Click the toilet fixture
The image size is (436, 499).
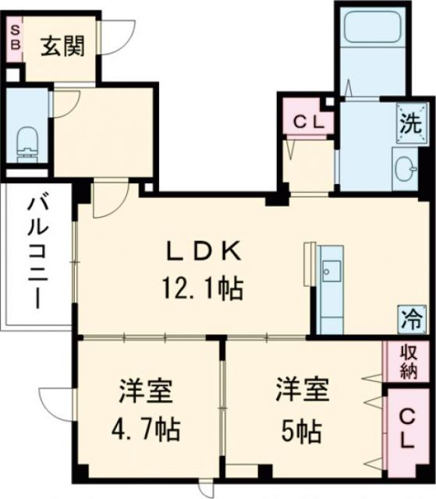click(x=25, y=141)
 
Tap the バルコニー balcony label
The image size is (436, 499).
click(x=35, y=253)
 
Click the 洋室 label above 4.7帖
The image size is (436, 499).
click(x=145, y=390)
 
